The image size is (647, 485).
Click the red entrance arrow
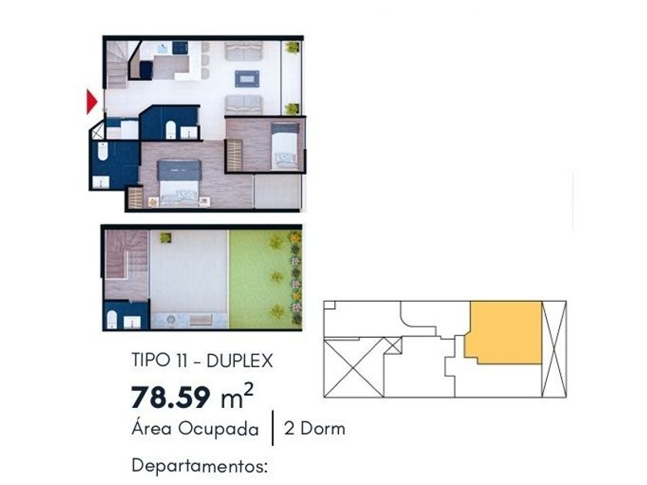91,102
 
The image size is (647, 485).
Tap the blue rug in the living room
247,79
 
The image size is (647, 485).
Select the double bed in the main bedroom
179,182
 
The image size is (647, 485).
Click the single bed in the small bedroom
285,146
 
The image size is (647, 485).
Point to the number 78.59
171,396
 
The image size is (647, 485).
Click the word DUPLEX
240,361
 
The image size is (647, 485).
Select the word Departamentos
199,466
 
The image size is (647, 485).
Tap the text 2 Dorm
314,429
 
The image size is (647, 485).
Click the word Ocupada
218,429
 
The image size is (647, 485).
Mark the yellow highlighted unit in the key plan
505,332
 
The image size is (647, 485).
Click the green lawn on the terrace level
264,279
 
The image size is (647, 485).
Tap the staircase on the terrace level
126,264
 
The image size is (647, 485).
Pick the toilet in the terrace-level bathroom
112,319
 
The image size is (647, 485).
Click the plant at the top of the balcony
292,47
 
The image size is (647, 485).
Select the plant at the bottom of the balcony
292,109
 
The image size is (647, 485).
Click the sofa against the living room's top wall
243,50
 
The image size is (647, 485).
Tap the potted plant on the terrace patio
166,237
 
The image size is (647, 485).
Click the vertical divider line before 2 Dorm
273,428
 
